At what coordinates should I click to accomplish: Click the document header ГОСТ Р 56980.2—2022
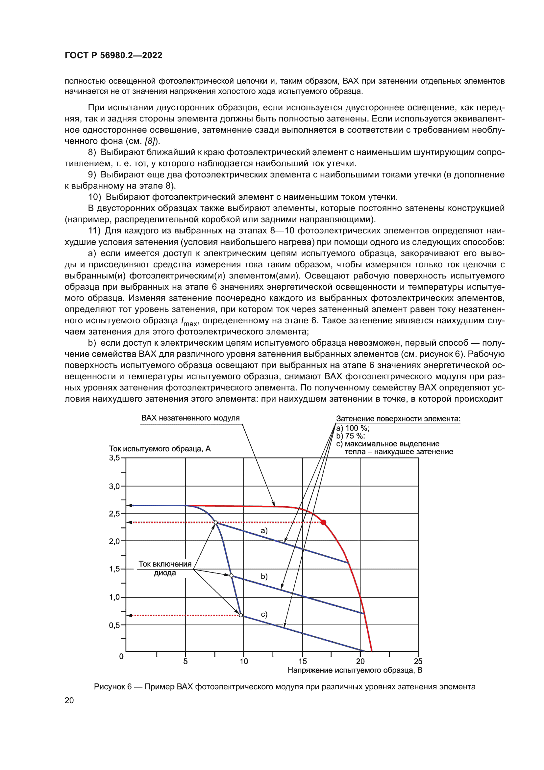click(113, 55)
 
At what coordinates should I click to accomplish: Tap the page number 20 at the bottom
click(69, 700)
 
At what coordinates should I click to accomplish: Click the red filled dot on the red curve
click(324, 522)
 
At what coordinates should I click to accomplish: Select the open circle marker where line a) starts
click(216, 522)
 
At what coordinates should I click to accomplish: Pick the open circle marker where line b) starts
click(231, 575)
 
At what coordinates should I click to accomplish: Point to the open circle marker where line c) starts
click(241, 615)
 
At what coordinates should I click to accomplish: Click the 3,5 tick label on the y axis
click(114, 458)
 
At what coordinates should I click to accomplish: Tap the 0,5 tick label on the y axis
click(114, 625)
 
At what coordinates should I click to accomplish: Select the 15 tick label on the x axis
click(303, 661)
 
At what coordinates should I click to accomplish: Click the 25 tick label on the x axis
click(418, 661)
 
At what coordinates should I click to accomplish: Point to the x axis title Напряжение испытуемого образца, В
click(355, 670)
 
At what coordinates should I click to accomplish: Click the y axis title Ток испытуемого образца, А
click(160, 449)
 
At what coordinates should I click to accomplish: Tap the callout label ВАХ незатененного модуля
click(190, 418)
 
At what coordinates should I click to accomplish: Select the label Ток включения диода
click(165, 569)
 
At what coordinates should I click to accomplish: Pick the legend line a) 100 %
click(352, 428)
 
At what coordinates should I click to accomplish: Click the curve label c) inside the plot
click(264, 614)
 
